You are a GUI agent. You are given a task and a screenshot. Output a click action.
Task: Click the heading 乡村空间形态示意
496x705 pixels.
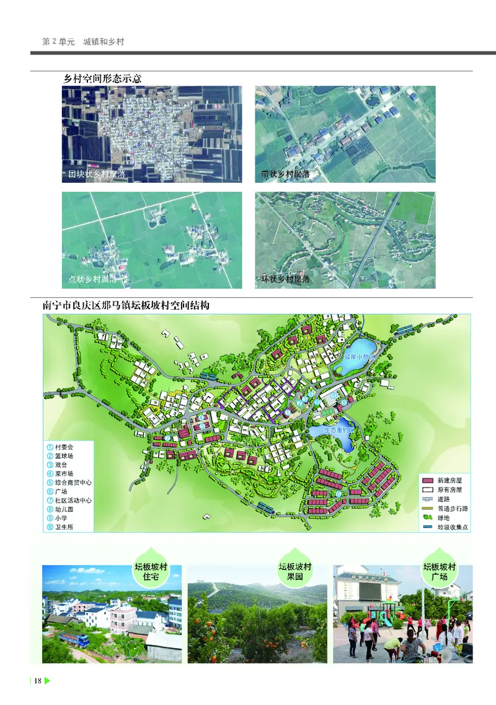(x=103, y=79)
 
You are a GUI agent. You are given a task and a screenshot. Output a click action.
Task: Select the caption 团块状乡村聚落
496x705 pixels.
(x=97, y=175)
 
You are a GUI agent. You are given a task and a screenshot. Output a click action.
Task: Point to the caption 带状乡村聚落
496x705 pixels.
(x=286, y=175)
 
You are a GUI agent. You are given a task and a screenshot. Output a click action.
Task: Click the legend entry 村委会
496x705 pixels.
(x=64, y=447)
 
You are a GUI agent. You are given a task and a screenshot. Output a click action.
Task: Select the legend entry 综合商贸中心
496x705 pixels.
(x=73, y=482)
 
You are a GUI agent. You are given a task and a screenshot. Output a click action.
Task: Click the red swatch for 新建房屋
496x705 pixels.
(x=427, y=480)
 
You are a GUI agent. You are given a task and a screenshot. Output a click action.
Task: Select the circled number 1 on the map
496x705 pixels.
(x=287, y=412)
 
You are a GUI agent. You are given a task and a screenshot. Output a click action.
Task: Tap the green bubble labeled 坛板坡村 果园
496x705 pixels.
(x=294, y=571)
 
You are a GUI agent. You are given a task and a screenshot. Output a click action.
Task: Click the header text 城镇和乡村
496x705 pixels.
(x=104, y=42)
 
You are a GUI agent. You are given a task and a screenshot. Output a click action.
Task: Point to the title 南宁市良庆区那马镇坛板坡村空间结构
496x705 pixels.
(x=126, y=306)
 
